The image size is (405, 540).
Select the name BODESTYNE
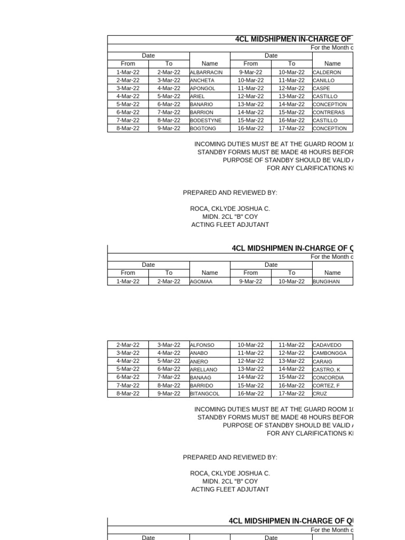(206, 120)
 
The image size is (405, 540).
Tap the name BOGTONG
(202, 129)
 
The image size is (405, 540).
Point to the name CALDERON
(327, 72)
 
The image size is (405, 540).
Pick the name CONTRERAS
(329, 112)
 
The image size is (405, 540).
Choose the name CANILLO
(324, 81)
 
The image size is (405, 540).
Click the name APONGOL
(202, 89)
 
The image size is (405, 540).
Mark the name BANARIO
(201, 104)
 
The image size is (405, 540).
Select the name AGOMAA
(200, 282)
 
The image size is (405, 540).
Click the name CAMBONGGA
(330, 353)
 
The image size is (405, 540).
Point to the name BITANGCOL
(205, 393)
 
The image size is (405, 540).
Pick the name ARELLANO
(204, 370)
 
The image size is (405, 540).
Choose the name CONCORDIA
(329, 378)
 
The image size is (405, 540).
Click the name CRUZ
(320, 393)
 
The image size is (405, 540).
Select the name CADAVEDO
(327, 345)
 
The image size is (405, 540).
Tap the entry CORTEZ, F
(327, 385)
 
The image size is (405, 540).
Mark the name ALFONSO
(202, 345)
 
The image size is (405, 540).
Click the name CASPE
(321, 89)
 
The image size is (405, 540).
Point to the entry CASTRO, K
(326, 370)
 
